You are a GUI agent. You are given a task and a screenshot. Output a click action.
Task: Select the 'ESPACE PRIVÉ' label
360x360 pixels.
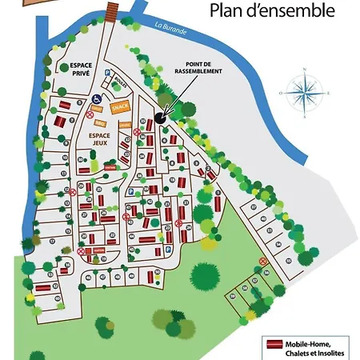82,68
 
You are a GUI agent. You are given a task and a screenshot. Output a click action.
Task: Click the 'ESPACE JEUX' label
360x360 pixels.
100,141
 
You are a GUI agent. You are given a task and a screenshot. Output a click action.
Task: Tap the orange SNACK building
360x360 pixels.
120,106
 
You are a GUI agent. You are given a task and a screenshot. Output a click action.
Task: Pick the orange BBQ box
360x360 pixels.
100,123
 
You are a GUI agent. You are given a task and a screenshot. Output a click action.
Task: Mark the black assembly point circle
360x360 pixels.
159,117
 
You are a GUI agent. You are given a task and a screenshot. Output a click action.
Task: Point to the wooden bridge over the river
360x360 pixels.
111,9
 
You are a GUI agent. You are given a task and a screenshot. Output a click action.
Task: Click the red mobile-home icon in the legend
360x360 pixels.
274,344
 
